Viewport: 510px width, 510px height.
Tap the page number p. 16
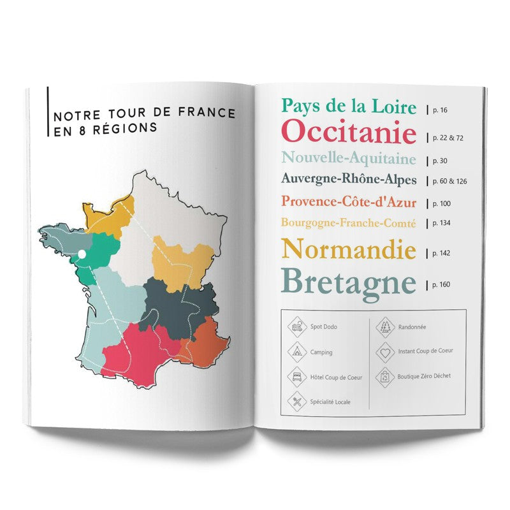[x=439, y=110]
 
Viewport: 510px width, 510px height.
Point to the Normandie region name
[x=348, y=249]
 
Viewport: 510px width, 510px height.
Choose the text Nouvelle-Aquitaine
[x=348, y=158]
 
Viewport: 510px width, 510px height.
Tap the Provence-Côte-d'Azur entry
[x=349, y=203]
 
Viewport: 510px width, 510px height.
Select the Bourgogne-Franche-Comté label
[x=348, y=224]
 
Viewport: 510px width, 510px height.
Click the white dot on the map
[x=82, y=255]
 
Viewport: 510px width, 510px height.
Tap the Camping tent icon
[x=297, y=351]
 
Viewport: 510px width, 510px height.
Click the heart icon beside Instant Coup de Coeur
[x=384, y=351]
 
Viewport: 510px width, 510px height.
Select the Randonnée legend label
[x=412, y=327]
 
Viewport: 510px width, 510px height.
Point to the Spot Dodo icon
[x=297, y=327]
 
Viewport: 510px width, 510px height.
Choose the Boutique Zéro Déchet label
[x=425, y=376]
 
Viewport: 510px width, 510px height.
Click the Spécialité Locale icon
[x=297, y=402]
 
